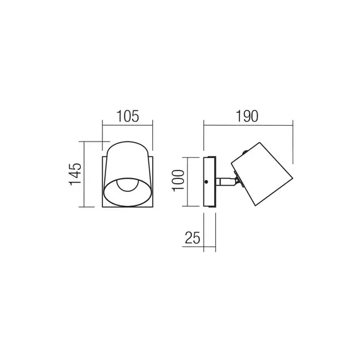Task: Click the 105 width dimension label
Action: (x=128, y=116)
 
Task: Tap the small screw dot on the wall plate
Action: (x=207, y=182)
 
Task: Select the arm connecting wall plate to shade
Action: (x=225, y=182)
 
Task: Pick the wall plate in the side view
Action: (x=209, y=182)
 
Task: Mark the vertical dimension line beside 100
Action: (x=190, y=181)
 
